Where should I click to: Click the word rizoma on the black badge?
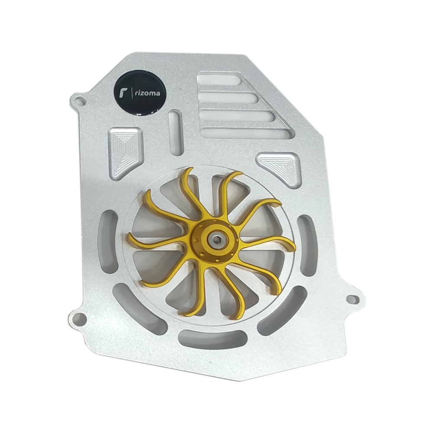click(148, 94)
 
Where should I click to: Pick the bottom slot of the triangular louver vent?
click(247, 132)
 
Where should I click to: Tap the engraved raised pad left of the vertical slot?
click(125, 152)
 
